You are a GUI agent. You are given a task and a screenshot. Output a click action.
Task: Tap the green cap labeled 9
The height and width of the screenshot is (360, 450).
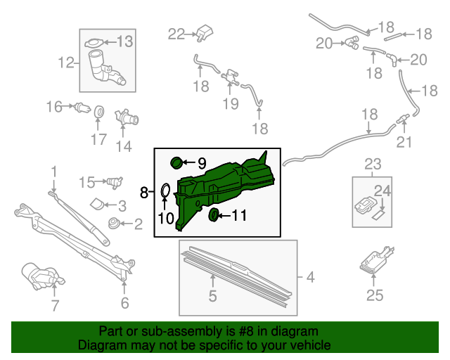pyautogui.click(x=177, y=164)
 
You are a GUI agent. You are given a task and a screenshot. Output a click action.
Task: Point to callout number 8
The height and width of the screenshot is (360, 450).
pyautogui.click(x=144, y=192)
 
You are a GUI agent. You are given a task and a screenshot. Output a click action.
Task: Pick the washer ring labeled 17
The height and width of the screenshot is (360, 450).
pyautogui.click(x=99, y=112)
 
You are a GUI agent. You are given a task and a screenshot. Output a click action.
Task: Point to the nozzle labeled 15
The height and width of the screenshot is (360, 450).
pyautogui.click(x=111, y=182)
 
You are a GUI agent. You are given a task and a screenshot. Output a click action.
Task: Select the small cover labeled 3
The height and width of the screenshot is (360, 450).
pyautogui.click(x=96, y=205)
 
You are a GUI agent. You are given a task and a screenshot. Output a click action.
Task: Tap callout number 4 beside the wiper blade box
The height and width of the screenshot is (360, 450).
pyautogui.click(x=309, y=277)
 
